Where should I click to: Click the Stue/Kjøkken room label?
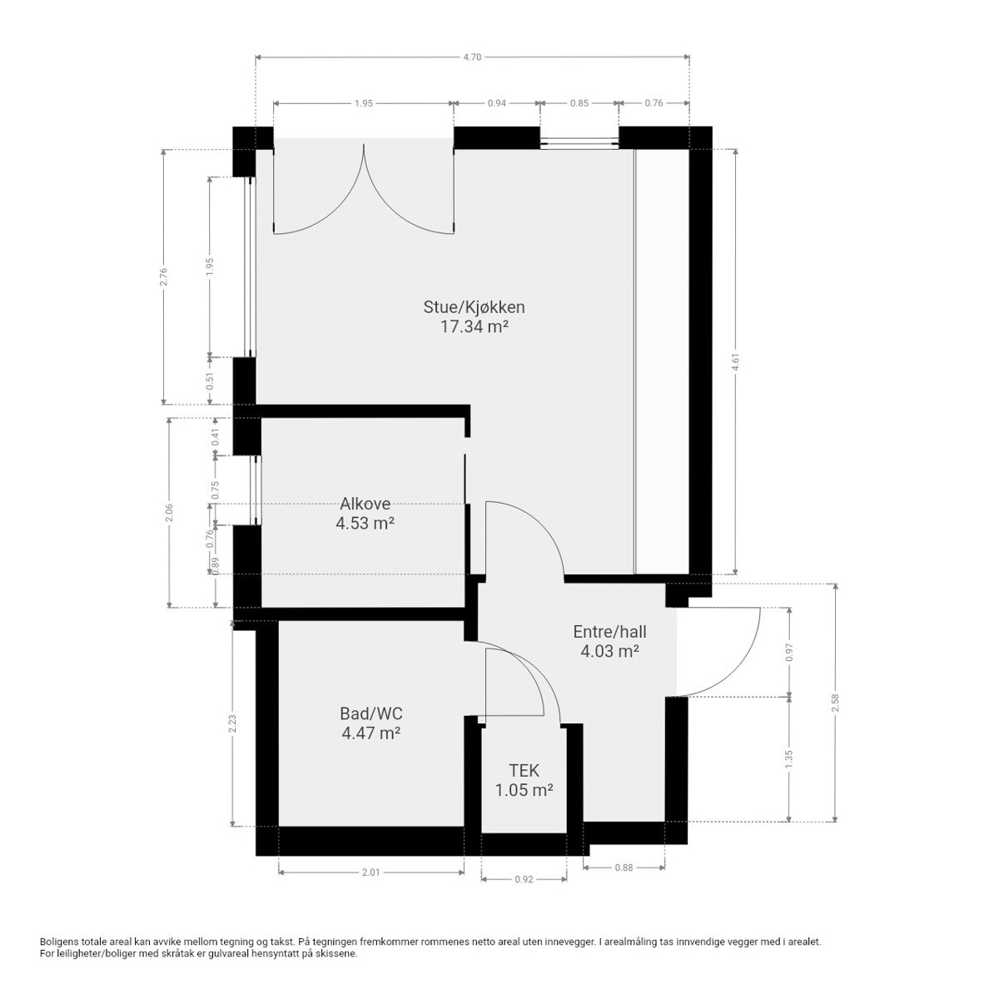474,306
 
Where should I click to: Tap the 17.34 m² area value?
474,326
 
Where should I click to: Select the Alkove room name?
365,504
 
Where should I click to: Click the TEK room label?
524,771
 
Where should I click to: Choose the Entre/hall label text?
609,631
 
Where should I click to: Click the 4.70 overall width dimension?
472,57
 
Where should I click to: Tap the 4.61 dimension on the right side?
735,361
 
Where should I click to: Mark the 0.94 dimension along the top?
496,103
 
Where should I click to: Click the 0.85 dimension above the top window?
579,103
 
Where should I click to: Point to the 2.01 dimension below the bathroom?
370,872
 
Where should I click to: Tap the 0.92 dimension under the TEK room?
524,879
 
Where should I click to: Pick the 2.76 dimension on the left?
164,276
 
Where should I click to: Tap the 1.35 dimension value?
789,758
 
